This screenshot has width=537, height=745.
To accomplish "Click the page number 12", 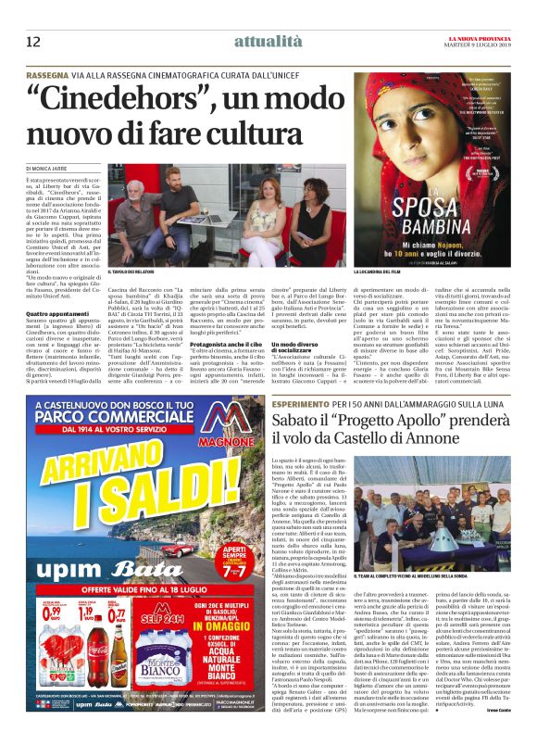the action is [x=33, y=41].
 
